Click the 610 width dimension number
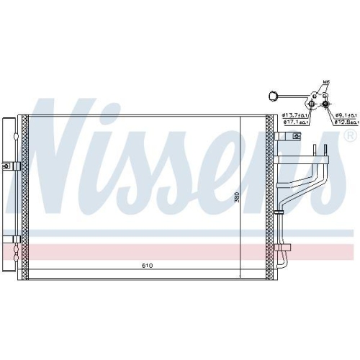pos(147,266)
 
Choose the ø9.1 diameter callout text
pos(343,115)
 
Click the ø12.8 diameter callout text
pos(344,122)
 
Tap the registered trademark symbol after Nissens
pos(351,134)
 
